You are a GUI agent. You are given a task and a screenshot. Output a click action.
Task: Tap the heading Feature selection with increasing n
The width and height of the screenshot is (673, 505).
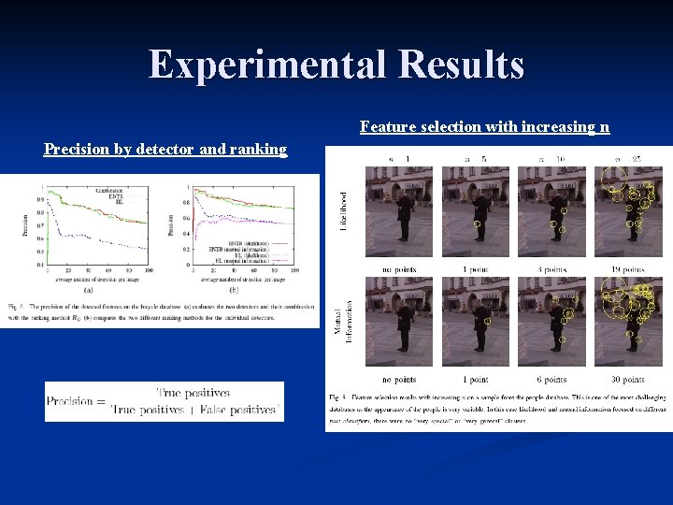tap(484, 126)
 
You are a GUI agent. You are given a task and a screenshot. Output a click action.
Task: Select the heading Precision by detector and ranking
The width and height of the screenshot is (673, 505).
tap(165, 149)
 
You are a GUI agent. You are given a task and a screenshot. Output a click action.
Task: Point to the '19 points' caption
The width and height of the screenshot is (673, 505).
tap(628, 269)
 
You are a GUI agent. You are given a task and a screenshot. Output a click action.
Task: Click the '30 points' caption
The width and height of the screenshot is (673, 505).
tap(628, 380)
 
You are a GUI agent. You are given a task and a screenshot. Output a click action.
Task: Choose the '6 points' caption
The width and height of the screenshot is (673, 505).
tap(552, 380)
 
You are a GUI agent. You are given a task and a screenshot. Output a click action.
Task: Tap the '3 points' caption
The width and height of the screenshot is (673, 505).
tap(552, 269)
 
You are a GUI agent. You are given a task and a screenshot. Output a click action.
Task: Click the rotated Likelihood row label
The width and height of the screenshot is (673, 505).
tap(343, 212)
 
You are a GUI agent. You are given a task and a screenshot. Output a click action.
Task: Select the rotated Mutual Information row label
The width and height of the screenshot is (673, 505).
tap(344, 321)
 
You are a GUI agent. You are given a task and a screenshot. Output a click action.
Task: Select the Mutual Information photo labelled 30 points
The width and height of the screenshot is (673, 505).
tap(628, 321)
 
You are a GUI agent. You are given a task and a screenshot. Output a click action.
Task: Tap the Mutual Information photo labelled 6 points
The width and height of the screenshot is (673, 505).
tap(552, 321)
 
